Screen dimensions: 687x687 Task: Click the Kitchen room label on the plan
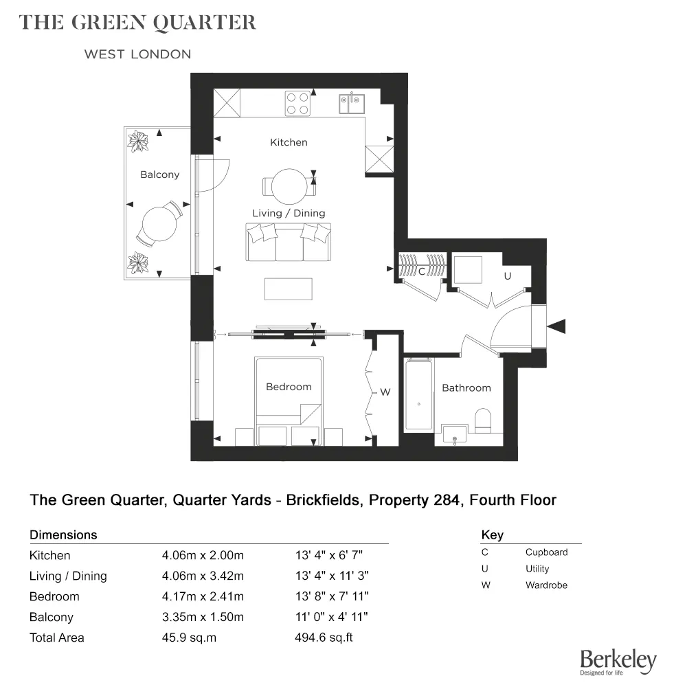[x=289, y=142]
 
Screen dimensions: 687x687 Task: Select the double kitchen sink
[x=351, y=103]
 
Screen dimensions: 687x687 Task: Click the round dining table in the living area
[x=289, y=185]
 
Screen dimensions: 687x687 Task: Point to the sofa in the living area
[x=289, y=242]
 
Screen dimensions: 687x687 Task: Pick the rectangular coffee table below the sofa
[x=289, y=288]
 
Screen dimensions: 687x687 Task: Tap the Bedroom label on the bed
[x=289, y=387]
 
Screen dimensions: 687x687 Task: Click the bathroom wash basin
[x=454, y=434]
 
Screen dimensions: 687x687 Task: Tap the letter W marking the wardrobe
[x=385, y=392]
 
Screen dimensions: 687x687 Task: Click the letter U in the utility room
[x=508, y=276]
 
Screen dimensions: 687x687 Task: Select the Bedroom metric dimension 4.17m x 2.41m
[x=202, y=596]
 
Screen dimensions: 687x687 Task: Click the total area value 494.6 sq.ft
[x=324, y=638]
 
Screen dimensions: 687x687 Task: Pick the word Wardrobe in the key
[x=546, y=585]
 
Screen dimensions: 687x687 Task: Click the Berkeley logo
[x=618, y=662]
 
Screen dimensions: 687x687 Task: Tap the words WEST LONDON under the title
[x=137, y=54]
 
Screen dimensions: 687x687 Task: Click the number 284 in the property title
[x=442, y=499]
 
